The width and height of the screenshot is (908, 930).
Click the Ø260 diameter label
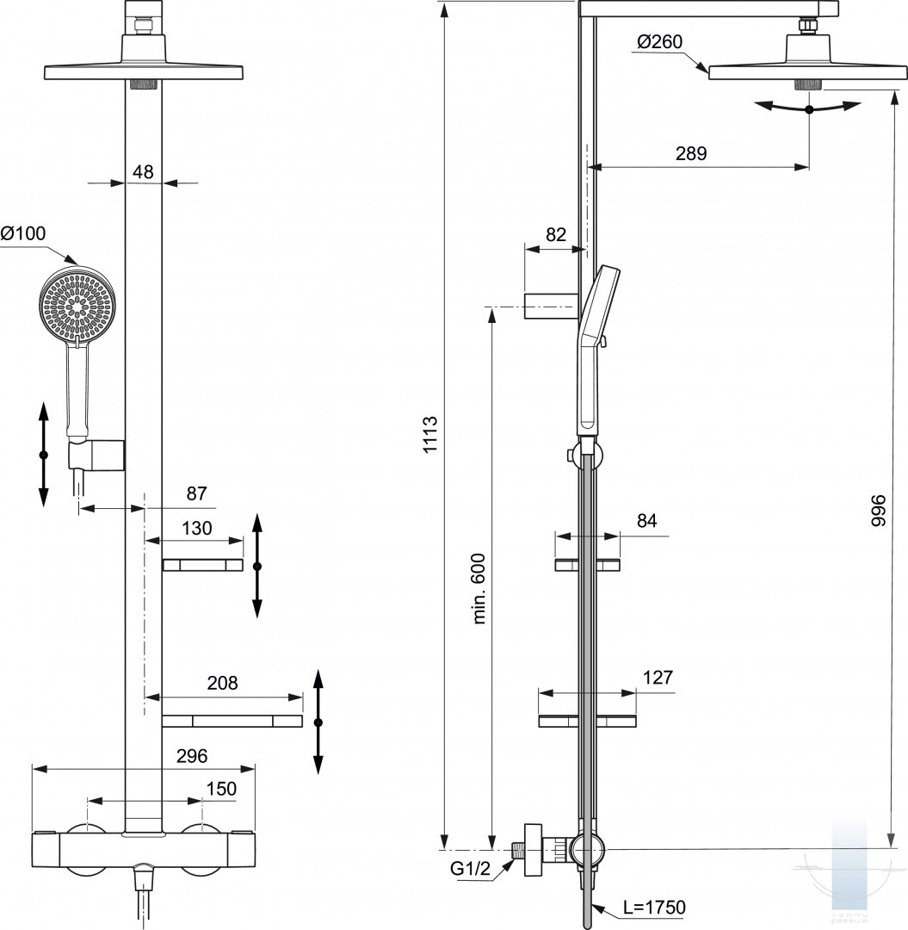click(x=661, y=41)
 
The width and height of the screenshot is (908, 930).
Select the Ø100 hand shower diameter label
click(x=23, y=233)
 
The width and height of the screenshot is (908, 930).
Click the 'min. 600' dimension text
click(x=479, y=589)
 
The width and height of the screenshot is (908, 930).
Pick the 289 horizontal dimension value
click(x=690, y=153)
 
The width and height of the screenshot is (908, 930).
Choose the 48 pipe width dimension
click(x=143, y=171)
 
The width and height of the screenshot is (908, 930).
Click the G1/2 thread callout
click(x=470, y=869)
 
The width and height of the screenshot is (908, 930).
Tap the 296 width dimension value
click(x=191, y=756)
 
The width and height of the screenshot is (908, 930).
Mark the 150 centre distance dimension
click(x=220, y=789)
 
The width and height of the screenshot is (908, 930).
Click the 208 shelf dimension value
click(x=222, y=683)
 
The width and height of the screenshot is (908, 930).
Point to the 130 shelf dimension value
click(x=197, y=528)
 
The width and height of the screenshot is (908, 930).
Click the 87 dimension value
click(x=197, y=493)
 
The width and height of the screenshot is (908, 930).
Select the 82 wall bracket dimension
click(x=556, y=234)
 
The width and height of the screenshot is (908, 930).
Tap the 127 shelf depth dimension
click(x=657, y=677)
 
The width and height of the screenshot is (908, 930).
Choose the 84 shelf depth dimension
click(x=647, y=520)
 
